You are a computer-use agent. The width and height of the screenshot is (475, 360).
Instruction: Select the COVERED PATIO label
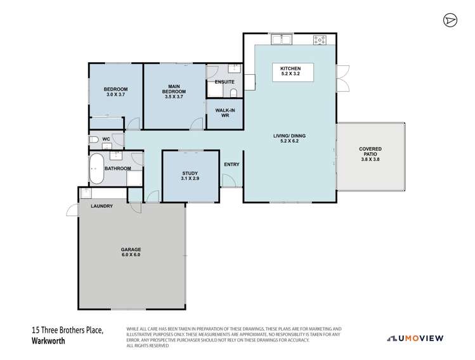(x=371, y=152)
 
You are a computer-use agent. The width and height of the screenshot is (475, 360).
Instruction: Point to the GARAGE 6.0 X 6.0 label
(x=131, y=252)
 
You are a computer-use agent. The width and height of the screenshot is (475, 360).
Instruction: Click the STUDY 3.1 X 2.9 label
(x=190, y=176)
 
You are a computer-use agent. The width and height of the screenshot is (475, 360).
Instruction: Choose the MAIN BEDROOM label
(x=174, y=92)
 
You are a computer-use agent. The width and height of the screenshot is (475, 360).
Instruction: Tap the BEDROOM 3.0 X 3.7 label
(x=116, y=92)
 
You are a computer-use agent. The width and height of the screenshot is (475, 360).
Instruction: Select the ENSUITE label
(x=224, y=82)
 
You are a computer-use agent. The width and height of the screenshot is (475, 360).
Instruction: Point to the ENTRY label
(x=231, y=165)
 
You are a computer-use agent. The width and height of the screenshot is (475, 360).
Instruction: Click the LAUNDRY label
(x=101, y=206)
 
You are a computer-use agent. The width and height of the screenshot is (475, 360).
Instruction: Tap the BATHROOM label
(x=117, y=169)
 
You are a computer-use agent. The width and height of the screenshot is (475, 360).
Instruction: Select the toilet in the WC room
(x=93, y=139)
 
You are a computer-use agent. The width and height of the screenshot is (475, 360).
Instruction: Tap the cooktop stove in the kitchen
(x=320, y=41)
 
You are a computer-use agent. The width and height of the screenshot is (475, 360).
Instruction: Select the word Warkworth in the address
(x=49, y=340)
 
